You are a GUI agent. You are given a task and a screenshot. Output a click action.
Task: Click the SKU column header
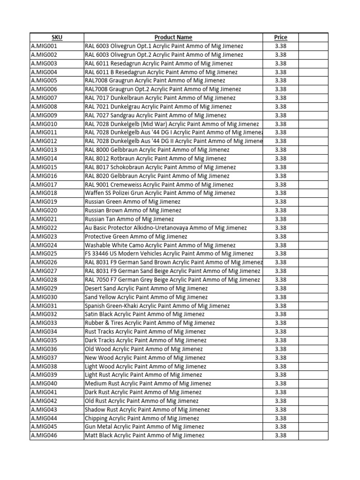click(x=56, y=37)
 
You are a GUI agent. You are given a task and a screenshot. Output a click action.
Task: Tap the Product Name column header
click(x=173, y=37)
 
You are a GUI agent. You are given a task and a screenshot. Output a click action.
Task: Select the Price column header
click(x=280, y=37)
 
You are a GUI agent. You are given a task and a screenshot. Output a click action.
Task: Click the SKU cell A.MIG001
click(x=44, y=46)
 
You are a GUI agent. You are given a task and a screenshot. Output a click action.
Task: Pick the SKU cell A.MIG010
click(x=44, y=124)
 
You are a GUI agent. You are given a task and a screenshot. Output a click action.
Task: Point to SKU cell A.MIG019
click(x=44, y=202)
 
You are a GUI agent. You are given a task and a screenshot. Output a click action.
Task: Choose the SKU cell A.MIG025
click(x=44, y=254)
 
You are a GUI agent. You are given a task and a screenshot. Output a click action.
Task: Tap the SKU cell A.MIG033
click(x=44, y=323)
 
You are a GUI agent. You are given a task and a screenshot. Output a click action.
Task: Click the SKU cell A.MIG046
click(x=44, y=435)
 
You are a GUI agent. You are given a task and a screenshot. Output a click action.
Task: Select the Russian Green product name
click(x=133, y=202)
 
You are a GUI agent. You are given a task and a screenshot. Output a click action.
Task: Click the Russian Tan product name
click(x=129, y=219)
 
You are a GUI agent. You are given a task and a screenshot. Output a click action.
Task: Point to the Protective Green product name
click(x=136, y=236)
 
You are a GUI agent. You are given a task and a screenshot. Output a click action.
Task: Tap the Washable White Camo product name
click(x=160, y=245)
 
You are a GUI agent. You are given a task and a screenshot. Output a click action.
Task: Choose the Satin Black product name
click(x=144, y=314)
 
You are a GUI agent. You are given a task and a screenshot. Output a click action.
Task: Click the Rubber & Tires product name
click(x=150, y=323)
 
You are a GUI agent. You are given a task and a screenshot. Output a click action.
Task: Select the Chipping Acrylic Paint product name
click(x=142, y=418)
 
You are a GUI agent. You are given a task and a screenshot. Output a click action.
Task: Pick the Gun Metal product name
click(x=144, y=427)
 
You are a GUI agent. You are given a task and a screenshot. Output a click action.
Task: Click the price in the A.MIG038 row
click(x=280, y=366)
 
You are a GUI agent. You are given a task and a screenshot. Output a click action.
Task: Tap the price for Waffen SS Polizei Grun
click(x=280, y=193)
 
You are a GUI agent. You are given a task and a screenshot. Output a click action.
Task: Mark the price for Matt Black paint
click(x=280, y=435)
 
